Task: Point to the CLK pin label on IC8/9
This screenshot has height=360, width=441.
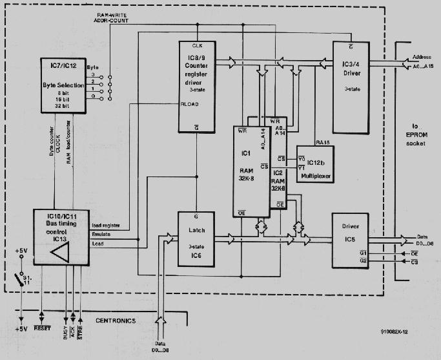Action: [x=198, y=46]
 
